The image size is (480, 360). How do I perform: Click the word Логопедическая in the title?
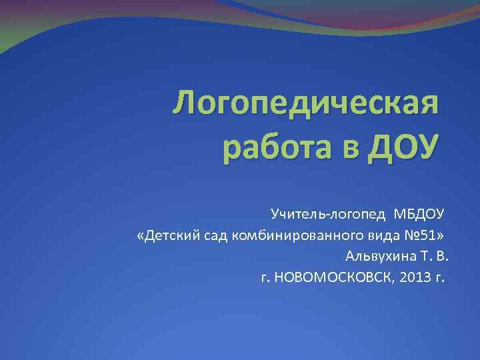306,105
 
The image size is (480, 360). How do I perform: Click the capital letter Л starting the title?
185,105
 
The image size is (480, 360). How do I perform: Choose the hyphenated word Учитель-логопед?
327,214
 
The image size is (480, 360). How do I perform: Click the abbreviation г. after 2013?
440,277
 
